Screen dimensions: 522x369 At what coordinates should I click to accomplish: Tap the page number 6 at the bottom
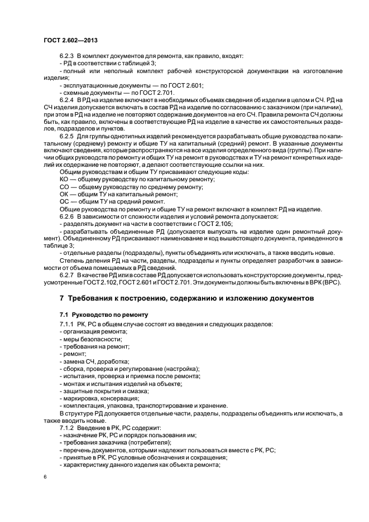tap(44, 477)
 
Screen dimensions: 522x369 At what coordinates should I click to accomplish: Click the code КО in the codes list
tap(64, 178)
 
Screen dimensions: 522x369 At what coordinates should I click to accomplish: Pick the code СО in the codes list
tap(64, 187)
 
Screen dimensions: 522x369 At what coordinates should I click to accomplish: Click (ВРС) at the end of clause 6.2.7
tap(333, 283)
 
